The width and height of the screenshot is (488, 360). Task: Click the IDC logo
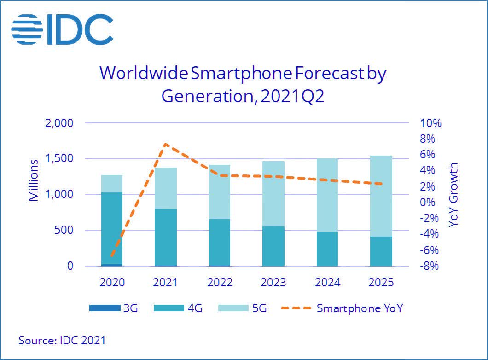point(62,29)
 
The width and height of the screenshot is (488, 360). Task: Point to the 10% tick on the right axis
point(430,123)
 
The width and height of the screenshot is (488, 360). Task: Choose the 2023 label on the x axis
point(273,282)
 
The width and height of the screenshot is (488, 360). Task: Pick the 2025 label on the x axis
point(381,282)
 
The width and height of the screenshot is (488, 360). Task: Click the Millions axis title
point(34,181)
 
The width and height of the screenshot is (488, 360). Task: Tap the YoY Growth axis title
point(453,194)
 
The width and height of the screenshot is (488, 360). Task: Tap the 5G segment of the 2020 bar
point(112,183)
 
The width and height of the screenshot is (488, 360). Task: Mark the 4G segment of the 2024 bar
point(327,249)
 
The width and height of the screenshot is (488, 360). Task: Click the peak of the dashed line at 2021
point(165,144)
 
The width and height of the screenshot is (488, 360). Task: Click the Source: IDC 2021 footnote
point(62,341)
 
